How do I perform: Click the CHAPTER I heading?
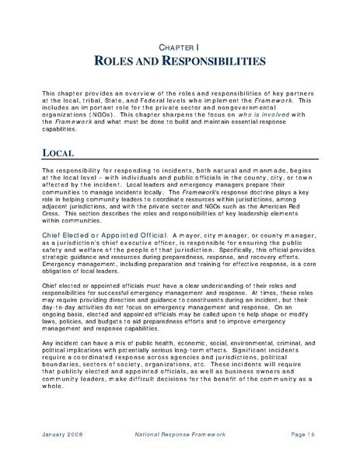[180, 47]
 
